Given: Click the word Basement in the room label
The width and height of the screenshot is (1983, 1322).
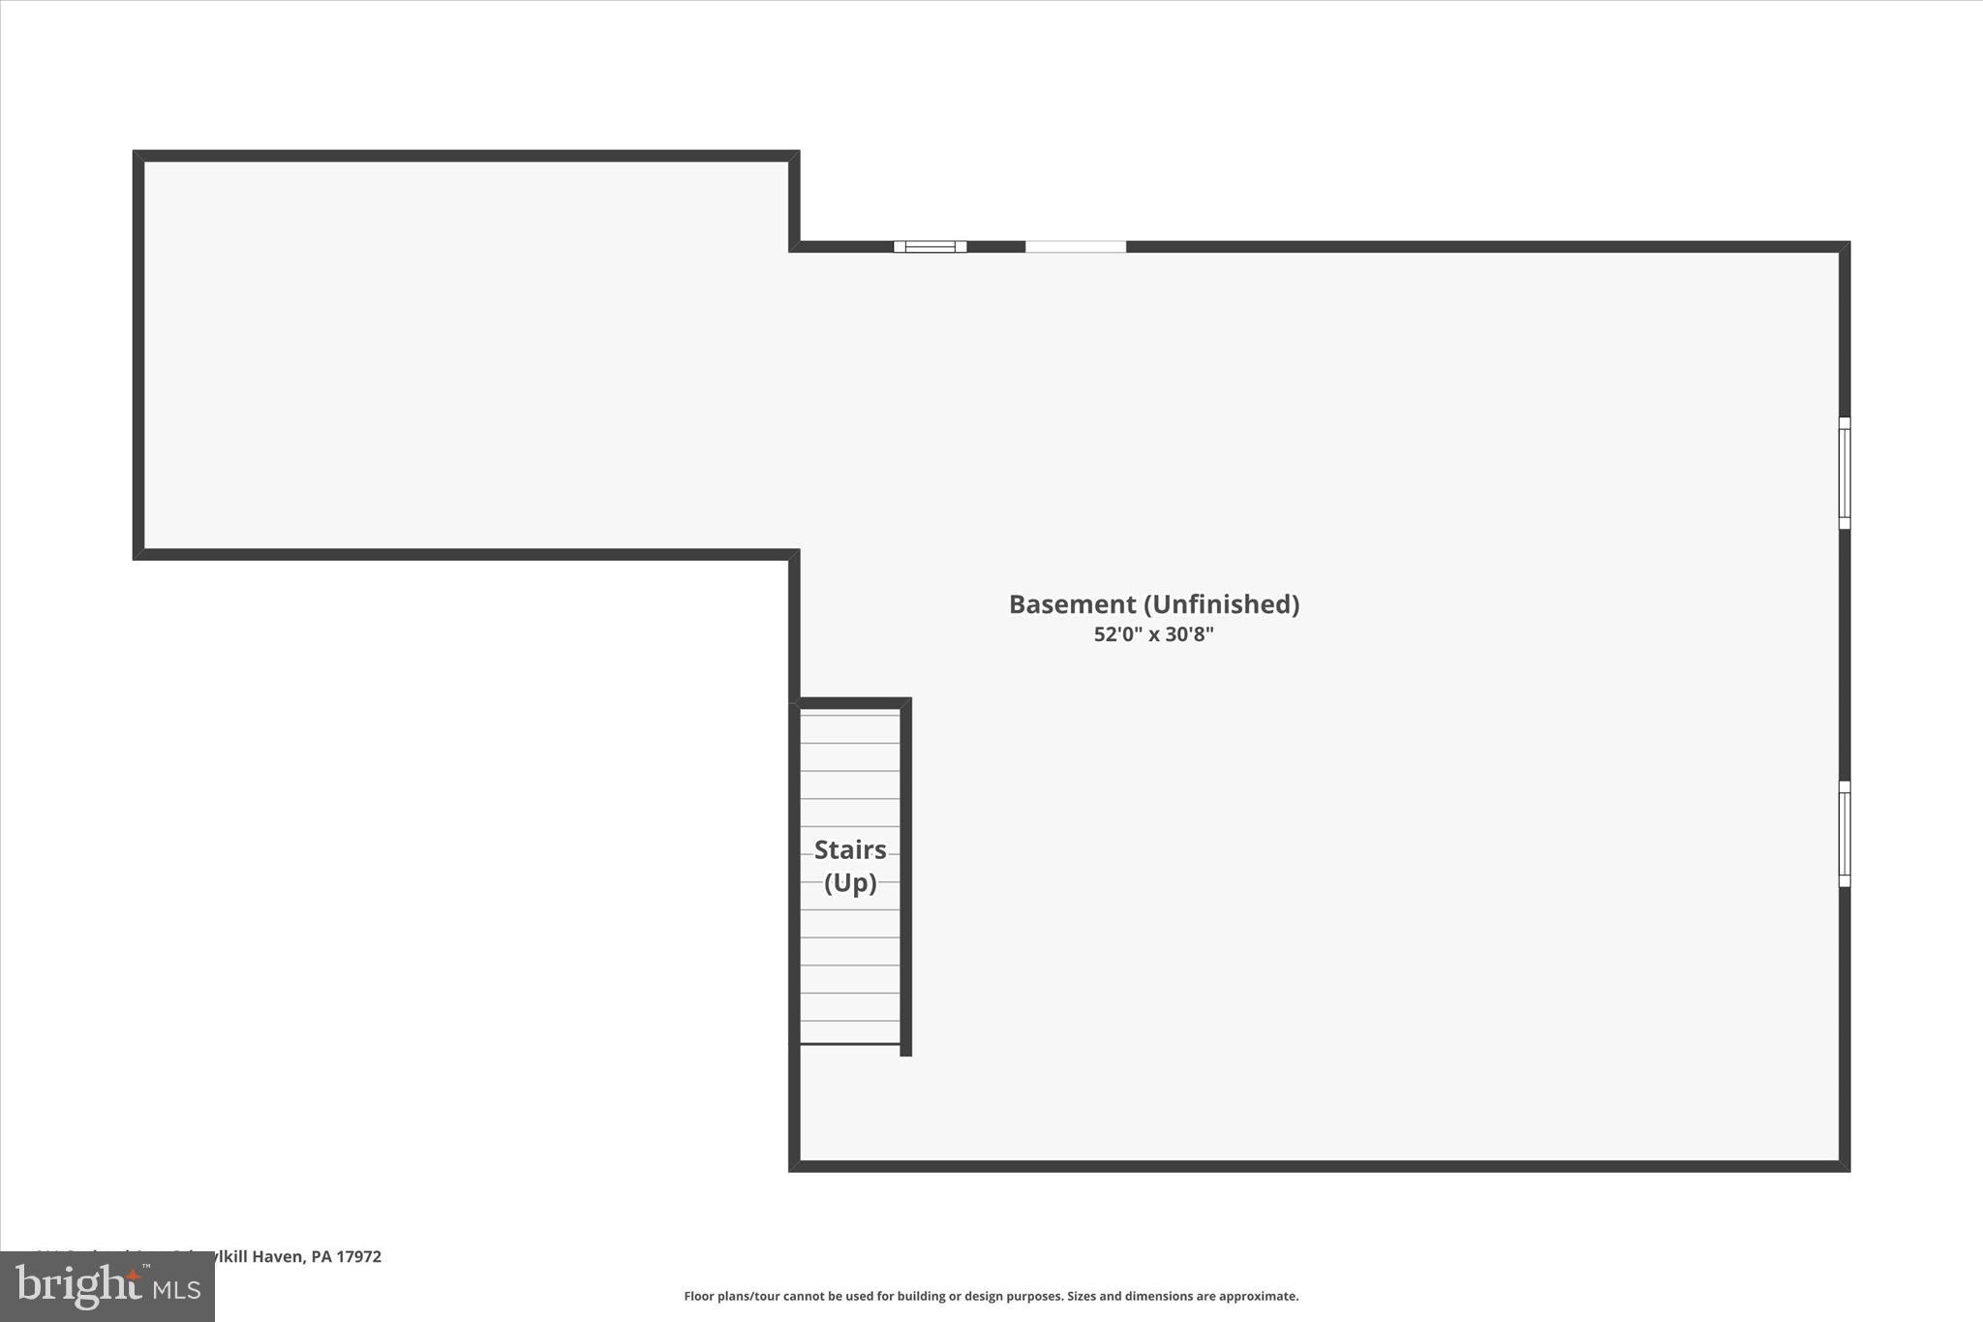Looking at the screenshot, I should pyautogui.click(x=1072, y=604).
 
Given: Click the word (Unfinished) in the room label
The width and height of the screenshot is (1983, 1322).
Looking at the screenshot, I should pyautogui.click(x=1221, y=604).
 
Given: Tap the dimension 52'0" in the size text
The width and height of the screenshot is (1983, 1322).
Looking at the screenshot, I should pyautogui.click(x=1118, y=634).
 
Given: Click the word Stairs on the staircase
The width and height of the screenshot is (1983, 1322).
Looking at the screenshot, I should pyautogui.click(x=850, y=849).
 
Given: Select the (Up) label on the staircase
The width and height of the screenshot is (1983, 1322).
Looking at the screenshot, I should pyautogui.click(x=850, y=882).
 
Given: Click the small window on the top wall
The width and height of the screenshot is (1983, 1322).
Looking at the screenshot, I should pyautogui.click(x=930, y=246).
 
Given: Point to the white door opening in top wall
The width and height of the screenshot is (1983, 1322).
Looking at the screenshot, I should pyautogui.click(x=1076, y=246).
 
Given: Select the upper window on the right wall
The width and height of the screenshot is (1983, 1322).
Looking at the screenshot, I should pyautogui.click(x=1845, y=473).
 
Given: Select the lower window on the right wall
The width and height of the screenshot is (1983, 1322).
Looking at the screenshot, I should pyautogui.click(x=1845, y=834).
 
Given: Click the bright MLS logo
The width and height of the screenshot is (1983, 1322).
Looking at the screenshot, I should pyautogui.click(x=107, y=1286).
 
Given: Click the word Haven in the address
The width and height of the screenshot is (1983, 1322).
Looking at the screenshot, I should pyautogui.click(x=278, y=1256).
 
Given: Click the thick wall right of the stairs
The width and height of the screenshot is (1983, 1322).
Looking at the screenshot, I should pyautogui.click(x=906, y=876).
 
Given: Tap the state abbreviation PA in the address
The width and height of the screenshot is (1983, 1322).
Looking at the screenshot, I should pyautogui.click(x=321, y=1256).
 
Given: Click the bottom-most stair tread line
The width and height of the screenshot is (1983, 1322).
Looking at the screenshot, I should pyautogui.click(x=850, y=1043).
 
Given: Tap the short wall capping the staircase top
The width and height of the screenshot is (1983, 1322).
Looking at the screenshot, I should pyautogui.click(x=852, y=703).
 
